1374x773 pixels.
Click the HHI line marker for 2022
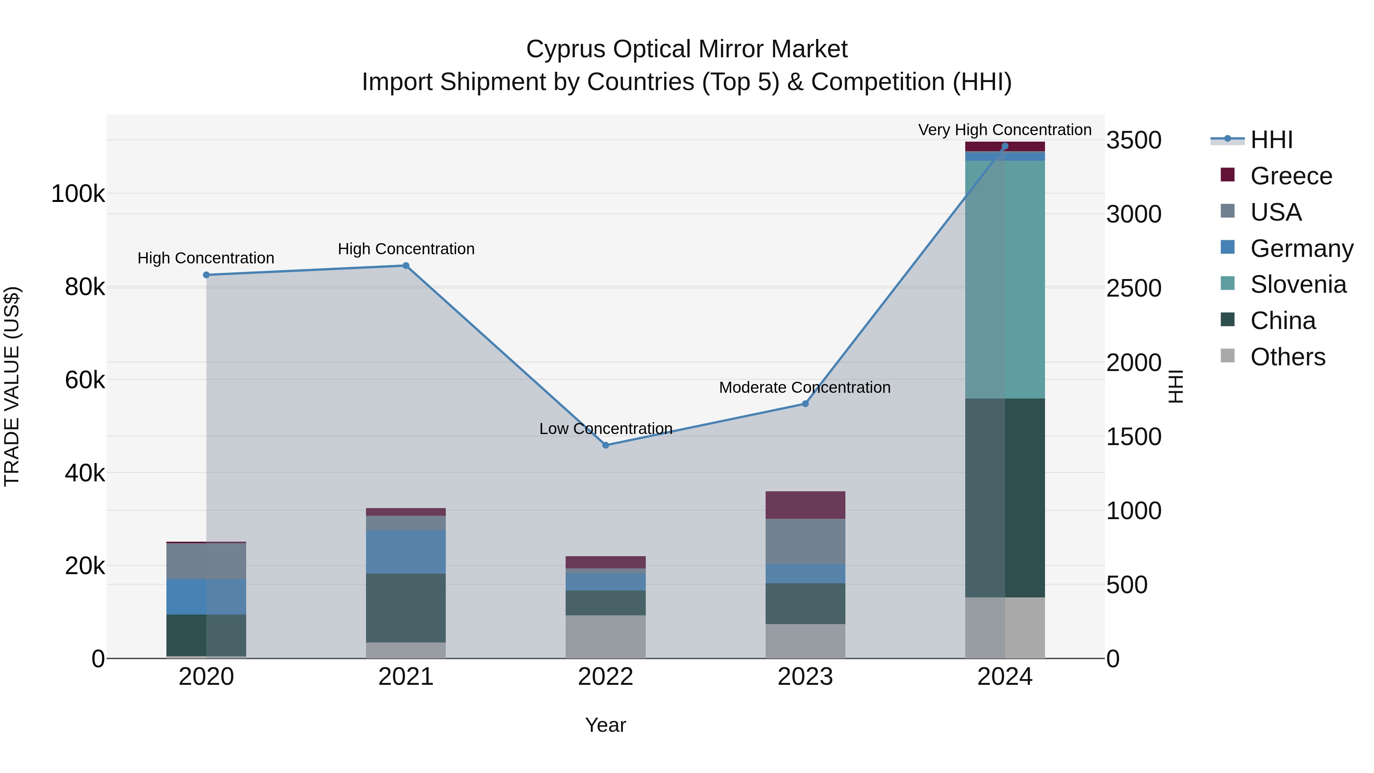point(605,445)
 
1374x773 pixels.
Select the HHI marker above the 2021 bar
point(406,266)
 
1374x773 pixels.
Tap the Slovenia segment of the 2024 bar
point(1005,279)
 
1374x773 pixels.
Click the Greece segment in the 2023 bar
point(805,505)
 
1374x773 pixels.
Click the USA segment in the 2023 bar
point(805,541)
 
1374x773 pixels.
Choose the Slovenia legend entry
point(1298,284)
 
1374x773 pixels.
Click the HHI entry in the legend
point(1271,140)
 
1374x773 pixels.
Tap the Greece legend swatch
point(1227,175)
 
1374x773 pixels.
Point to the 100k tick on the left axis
point(78,194)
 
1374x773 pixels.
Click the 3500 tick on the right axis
point(1134,140)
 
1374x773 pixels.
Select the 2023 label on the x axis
point(805,677)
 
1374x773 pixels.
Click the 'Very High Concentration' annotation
point(1005,130)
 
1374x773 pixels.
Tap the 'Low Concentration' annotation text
point(605,428)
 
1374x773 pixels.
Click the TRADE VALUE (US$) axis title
point(12,386)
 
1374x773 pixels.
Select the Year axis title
point(605,725)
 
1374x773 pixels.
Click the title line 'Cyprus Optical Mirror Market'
point(687,49)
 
